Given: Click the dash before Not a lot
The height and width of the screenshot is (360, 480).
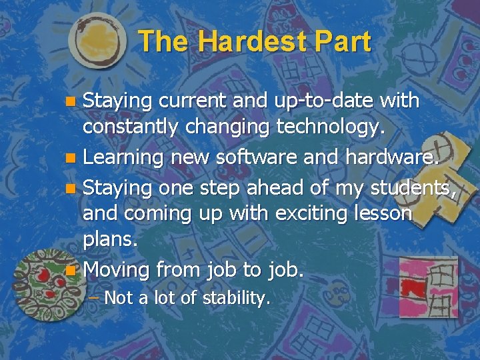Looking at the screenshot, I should point(93,297).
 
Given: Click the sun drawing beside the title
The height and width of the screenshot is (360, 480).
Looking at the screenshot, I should point(97,41).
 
